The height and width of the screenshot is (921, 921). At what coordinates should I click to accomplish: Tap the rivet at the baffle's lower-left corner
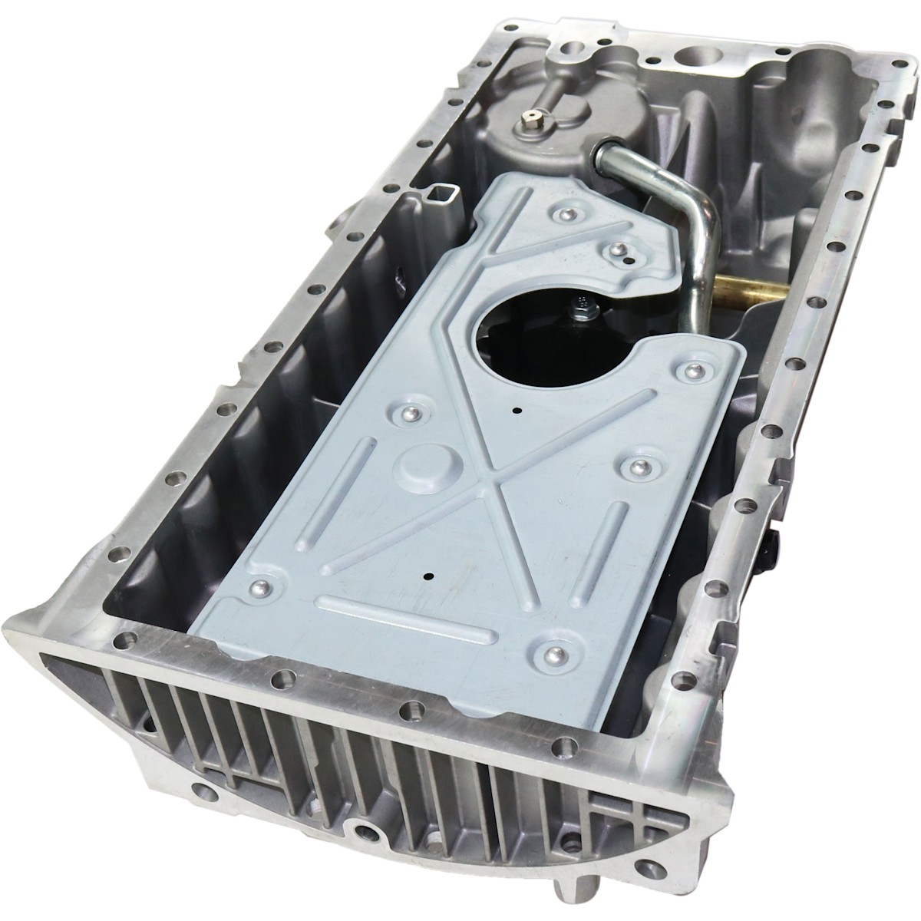click(x=258, y=589)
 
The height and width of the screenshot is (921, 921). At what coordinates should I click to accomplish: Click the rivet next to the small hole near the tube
click(x=615, y=247)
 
